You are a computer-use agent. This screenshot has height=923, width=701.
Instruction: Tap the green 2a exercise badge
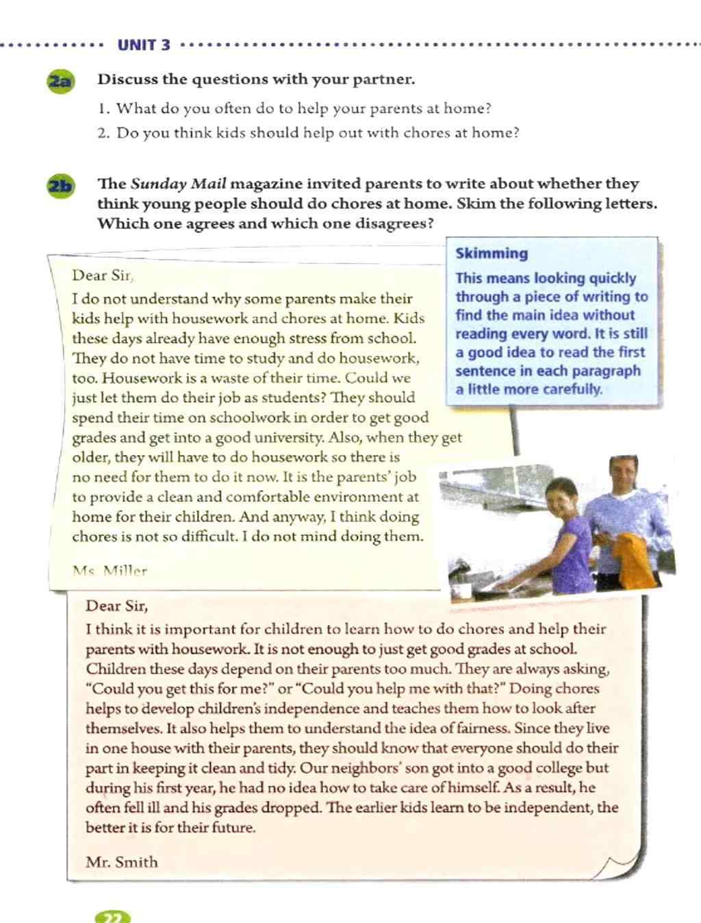(60, 82)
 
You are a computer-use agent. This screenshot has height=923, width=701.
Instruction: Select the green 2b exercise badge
(61, 186)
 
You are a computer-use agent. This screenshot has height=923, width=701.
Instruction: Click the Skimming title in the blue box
(492, 254)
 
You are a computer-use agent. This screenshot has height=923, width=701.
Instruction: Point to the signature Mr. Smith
(121, 862)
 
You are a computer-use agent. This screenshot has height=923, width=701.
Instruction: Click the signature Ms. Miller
(110, 570)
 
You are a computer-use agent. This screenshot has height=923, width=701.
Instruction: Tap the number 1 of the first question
(103, 109)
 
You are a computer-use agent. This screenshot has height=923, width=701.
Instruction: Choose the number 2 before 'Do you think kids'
(103, 133)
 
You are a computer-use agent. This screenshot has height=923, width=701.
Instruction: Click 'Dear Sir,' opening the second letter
(116, 606)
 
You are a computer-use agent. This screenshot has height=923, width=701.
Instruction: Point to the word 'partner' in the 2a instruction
(383, 79)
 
